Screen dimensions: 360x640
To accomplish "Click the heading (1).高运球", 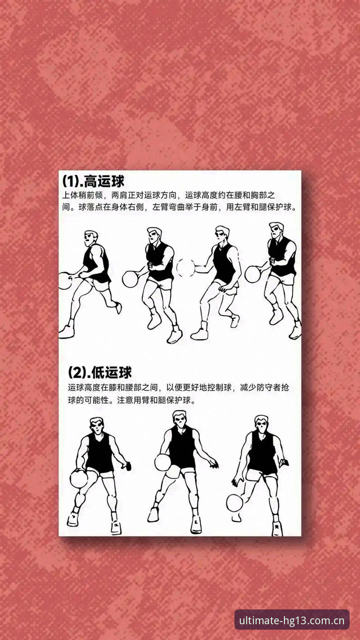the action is pos(93,181).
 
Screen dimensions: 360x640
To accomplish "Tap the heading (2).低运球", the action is pos(100,372).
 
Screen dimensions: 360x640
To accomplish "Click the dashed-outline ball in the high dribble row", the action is pos(186,268).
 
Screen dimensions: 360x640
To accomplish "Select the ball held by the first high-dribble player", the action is pos(64,280).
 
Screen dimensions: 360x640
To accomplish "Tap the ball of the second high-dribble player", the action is pos(130,279).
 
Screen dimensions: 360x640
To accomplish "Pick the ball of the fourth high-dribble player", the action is pos(253,274).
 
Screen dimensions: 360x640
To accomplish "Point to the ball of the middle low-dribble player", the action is pos(163,463).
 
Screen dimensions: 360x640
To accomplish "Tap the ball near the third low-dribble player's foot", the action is pos(235,503).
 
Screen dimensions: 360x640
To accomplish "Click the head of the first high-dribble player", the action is pos(91,239).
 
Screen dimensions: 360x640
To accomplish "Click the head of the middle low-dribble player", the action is pos(180,419).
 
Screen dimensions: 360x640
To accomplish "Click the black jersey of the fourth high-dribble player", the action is pos(281,257).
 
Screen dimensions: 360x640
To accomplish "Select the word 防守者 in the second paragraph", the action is pos(269,388).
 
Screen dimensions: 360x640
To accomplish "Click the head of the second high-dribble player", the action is pos(154,236).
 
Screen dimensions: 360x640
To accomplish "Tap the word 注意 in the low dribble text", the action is pos(125,400).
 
